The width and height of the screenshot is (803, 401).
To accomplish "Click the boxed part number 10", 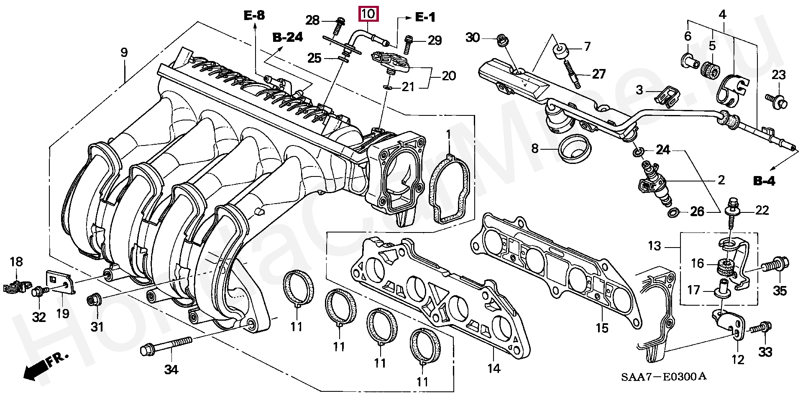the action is (x=368, y=14).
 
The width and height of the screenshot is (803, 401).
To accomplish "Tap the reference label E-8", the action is (x=254, y=16).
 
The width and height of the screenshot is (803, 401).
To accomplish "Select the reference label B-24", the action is (x=288, y=38).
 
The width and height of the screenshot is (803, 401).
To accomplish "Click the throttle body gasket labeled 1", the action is (x=451, y=188).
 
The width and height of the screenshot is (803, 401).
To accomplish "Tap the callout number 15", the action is (x=602, y=328).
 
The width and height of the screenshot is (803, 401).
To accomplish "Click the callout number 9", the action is (x=124, y=53).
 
